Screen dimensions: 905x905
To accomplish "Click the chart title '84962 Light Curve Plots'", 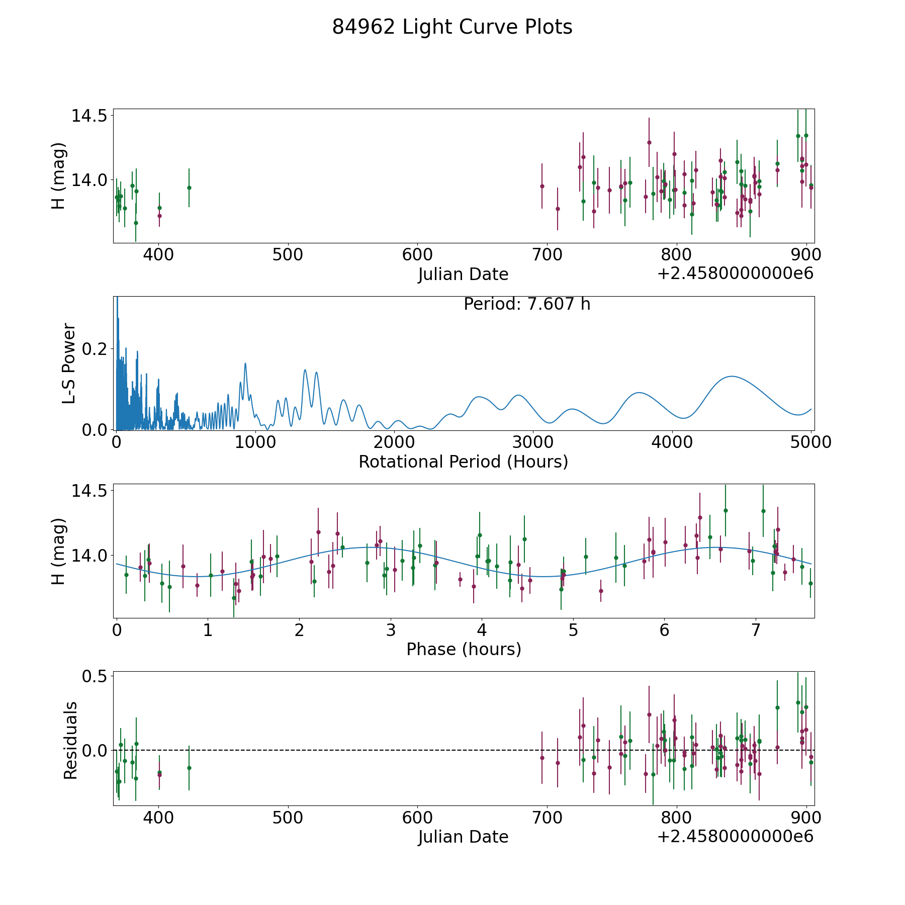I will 452,27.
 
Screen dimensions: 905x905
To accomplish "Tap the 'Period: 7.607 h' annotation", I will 526,304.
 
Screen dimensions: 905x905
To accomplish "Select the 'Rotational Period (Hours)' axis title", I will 463,462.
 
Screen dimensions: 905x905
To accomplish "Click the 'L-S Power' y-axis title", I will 69,364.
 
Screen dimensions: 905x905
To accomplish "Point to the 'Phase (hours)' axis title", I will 464,649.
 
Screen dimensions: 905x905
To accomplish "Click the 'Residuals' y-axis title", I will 70,741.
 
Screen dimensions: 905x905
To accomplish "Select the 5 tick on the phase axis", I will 573,630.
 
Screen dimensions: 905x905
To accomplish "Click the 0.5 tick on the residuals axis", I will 95,676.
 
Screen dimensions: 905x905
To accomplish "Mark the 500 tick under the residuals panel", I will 288,818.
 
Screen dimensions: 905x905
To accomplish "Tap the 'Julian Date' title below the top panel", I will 463,275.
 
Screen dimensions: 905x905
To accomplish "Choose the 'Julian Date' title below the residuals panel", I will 463,837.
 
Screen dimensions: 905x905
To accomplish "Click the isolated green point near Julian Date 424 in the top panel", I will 189,188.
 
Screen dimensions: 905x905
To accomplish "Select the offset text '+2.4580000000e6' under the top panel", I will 735,274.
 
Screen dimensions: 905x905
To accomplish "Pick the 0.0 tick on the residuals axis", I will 95,751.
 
